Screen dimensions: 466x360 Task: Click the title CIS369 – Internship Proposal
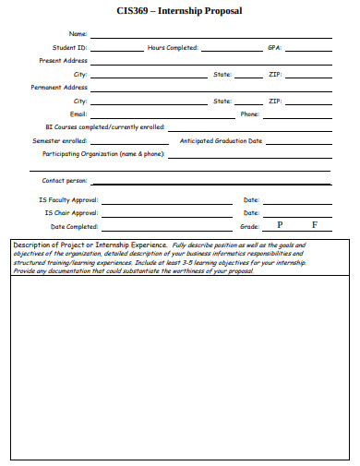pos(180,12)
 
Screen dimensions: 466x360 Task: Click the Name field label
pos(78,33)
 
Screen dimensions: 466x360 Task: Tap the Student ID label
pos(70,47)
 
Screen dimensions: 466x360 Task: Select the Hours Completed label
pos(173,47)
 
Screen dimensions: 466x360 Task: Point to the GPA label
pos(274,47)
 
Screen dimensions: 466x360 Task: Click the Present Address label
pos(63,60)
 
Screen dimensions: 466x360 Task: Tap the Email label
pos(78,114)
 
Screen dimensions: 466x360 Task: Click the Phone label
pos(249,114)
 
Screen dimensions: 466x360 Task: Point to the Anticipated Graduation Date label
pos(221,140)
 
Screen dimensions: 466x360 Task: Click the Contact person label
pos(64,181)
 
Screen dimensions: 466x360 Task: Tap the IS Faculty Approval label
pos(68,199)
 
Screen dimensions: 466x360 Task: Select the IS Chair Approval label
pos(71,212)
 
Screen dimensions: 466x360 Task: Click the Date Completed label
pos(74,226)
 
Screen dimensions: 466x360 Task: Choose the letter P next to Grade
pos(280,225)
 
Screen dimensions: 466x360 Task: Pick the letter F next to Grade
pos(314,225)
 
